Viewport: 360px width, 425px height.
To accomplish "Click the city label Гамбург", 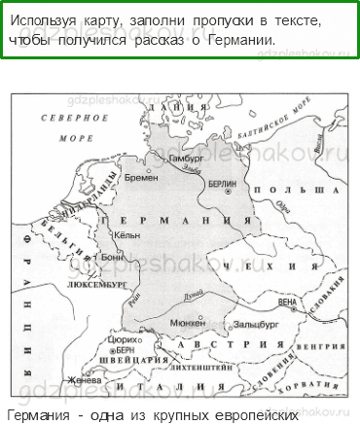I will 185,157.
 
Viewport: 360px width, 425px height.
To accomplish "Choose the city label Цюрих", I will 126,338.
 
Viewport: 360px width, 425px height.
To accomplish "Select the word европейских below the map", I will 242,414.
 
